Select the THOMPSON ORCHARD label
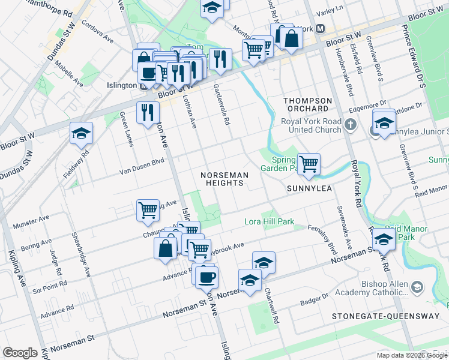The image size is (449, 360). [307, 104]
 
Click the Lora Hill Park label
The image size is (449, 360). [269, 222]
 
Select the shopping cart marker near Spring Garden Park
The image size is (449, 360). [309, 163]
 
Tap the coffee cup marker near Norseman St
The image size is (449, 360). [206, 277]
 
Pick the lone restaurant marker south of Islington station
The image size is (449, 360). [147, 112]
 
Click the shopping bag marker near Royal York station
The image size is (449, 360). [291, 38]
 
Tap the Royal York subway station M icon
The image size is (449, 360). [321, 29]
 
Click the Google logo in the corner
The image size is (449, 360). [20, 353]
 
